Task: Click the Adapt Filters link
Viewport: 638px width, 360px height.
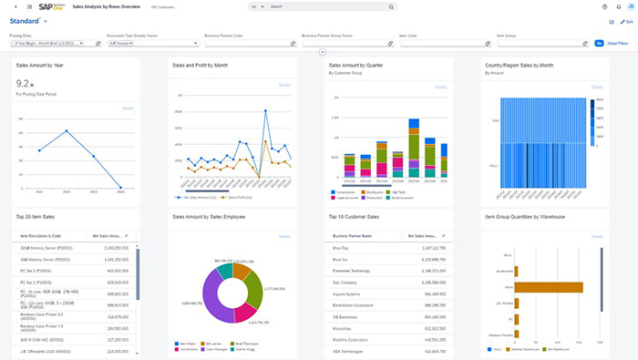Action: pos(617,43)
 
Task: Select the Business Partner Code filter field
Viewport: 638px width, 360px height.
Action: pos(244,43)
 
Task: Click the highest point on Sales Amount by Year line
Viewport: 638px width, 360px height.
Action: pos(67,131)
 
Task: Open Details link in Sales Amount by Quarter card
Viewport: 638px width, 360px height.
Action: pos(441,87)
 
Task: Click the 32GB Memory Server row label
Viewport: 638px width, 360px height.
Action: pos(49,247)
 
